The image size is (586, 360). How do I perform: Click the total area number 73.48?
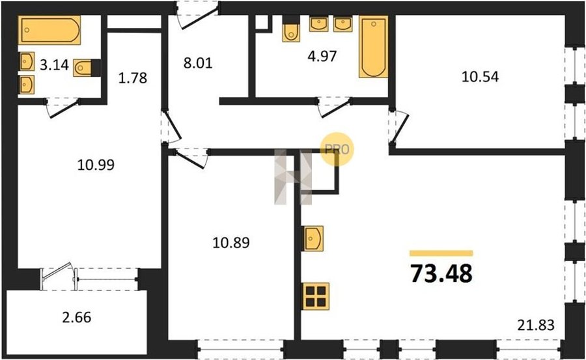[x=441, y=273]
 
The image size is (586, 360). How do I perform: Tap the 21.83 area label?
[x=536, y=325]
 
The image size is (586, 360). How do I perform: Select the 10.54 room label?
[x=481, y=77]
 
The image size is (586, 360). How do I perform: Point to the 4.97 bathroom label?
[x=322, y=56]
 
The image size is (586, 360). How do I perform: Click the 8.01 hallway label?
[x=198, y=62]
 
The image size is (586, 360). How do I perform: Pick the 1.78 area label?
[x=133, y=77]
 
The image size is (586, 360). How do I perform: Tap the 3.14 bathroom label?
[x=54, y=65]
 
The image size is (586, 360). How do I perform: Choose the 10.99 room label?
[x=96, y=165]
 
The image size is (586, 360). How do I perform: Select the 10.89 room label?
[x=231, y=243]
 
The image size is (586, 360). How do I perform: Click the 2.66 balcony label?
[x=77, y=318]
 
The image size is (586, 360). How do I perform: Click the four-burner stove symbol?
[x=316, y=296]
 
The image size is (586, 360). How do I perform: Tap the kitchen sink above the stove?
[x=313, y=238]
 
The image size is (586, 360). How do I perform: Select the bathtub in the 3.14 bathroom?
[x=49, y=30]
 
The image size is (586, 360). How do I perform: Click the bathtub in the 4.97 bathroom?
[x=373, y=47]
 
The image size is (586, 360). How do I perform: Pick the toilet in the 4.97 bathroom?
[x=291, y=29]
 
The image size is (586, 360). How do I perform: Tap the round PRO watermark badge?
[x=337, y=149]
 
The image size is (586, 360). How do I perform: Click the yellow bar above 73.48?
[x=441, y=253]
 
